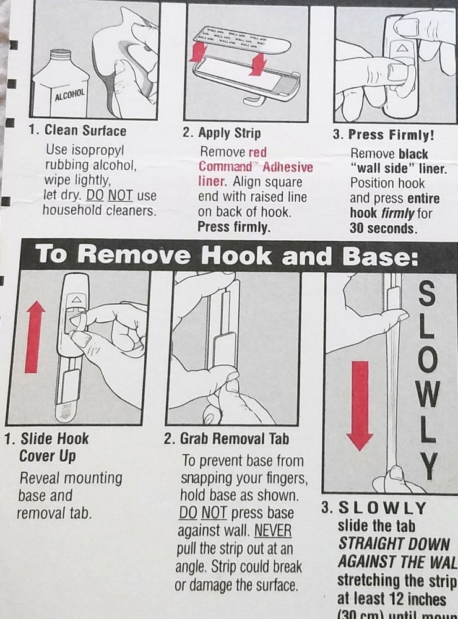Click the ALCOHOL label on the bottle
(70, 97)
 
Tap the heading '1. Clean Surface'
(77, 131)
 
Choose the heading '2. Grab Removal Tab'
(226, 439)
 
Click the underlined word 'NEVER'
(272, 531)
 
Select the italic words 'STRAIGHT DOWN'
(392, 544)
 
